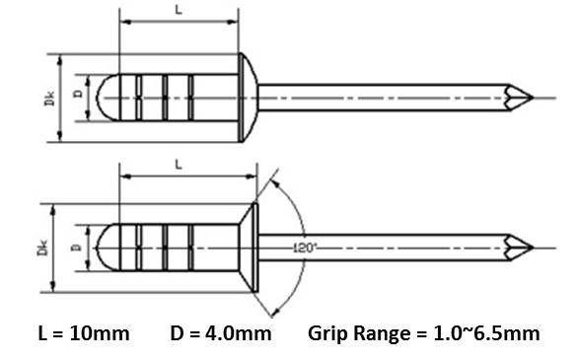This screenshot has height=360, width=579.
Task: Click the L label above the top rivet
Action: click(x=179, y=10)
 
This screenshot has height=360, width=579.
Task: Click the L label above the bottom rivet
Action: click(x=179, y=165)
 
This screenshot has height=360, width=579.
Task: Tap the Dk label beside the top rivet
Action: click(x=49, y=99)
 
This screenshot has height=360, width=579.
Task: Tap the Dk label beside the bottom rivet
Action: click(x=42, y=248)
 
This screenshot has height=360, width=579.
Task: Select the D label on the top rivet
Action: click(x=79, y=94)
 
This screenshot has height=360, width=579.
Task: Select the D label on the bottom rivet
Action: click(x=76, y=247)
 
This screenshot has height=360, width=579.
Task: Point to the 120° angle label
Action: click(x=305, y=248)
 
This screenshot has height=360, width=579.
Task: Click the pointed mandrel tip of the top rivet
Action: click(x=534, y=98)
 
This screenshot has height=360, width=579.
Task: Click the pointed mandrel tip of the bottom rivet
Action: click(x=534, y=248)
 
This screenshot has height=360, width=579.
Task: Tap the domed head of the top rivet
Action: click(x=248, y=98)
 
